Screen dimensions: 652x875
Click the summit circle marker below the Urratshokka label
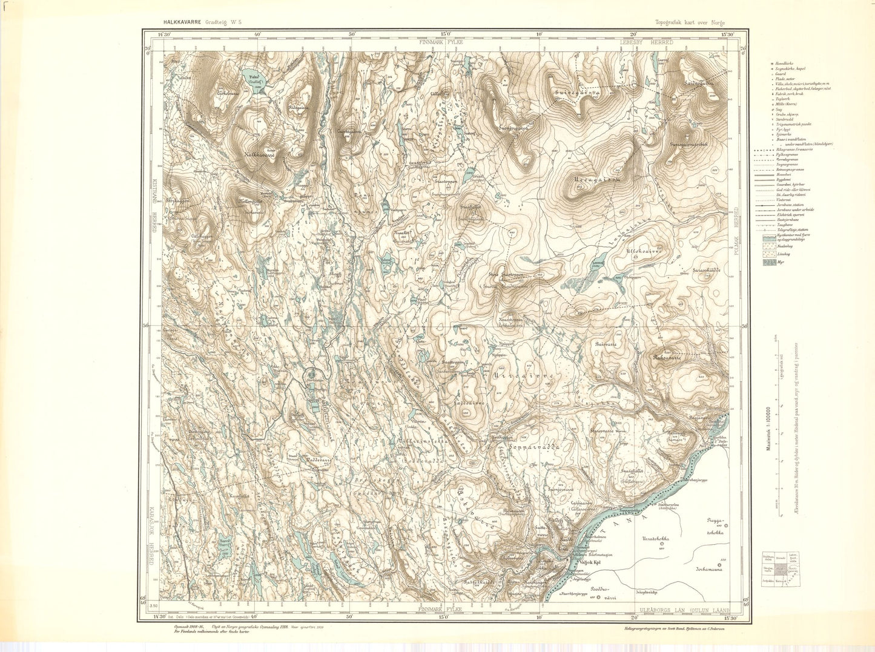[x=661, y=544]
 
